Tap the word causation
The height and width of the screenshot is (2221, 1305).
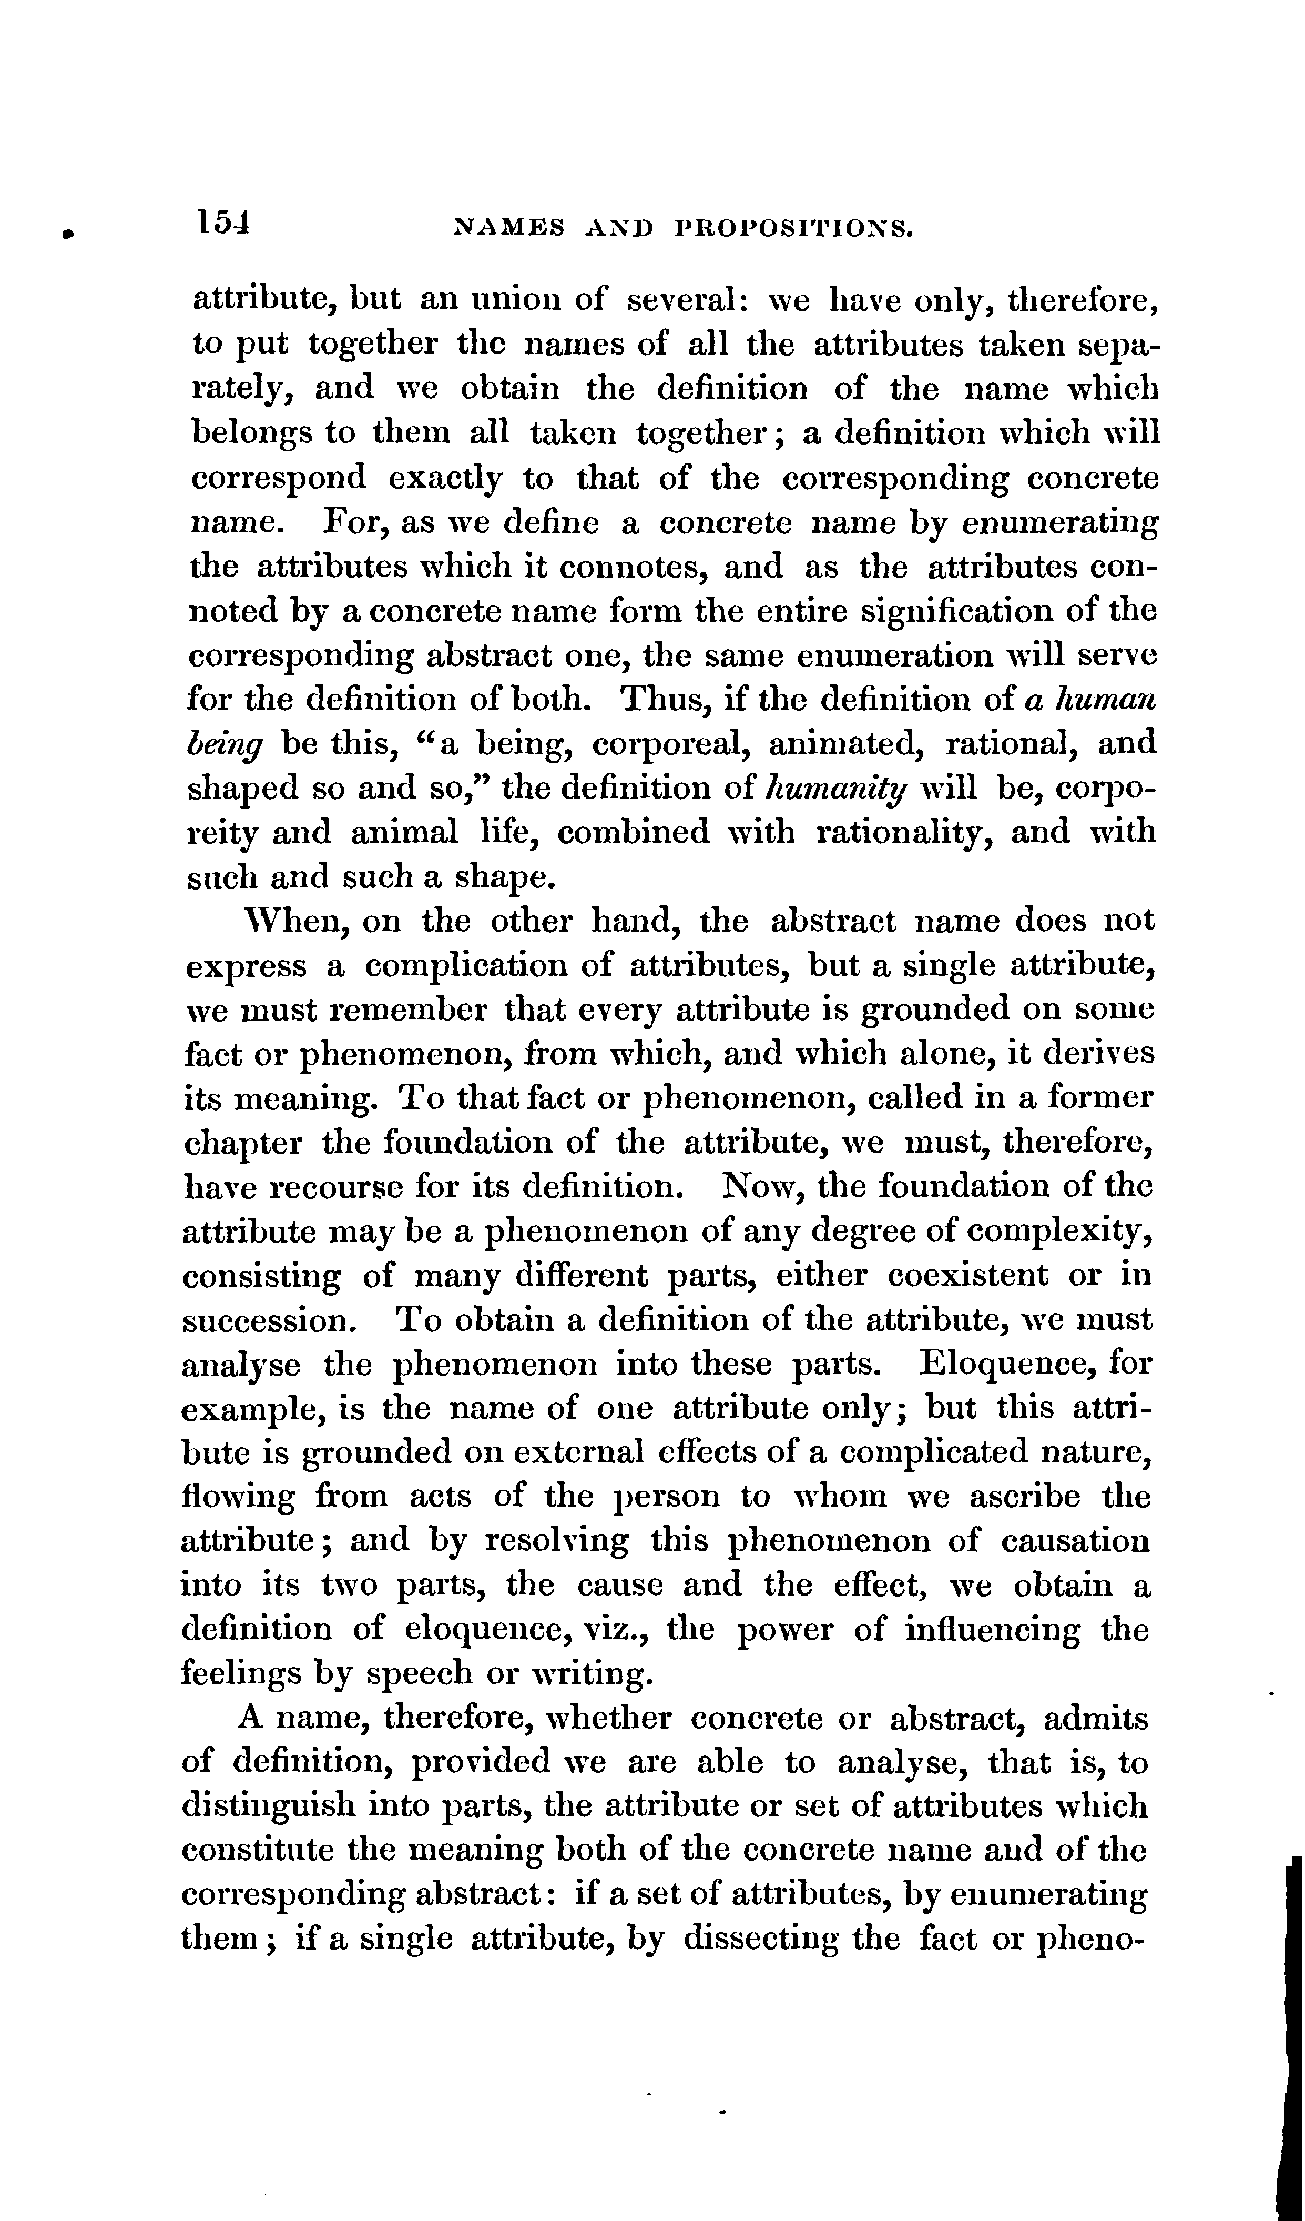(x=1075, y=1541)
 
